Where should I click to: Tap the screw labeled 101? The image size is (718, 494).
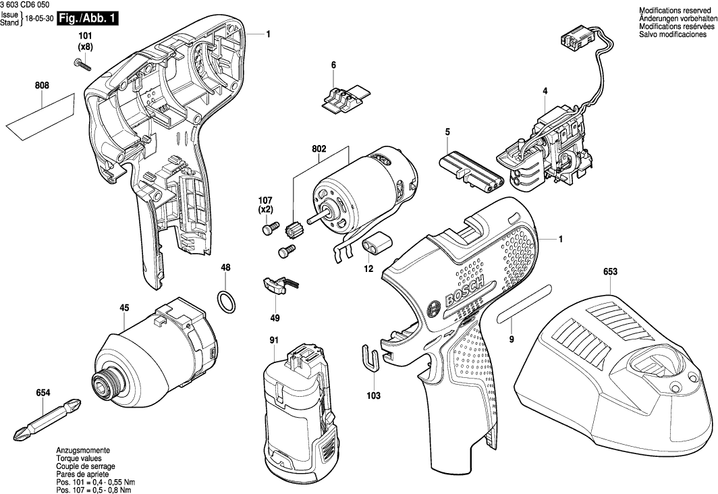coord(82,63)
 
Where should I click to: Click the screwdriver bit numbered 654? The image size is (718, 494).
coord(47,418)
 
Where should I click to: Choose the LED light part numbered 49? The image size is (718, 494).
coord(275,284)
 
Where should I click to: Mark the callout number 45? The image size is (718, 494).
coord(124,308)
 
